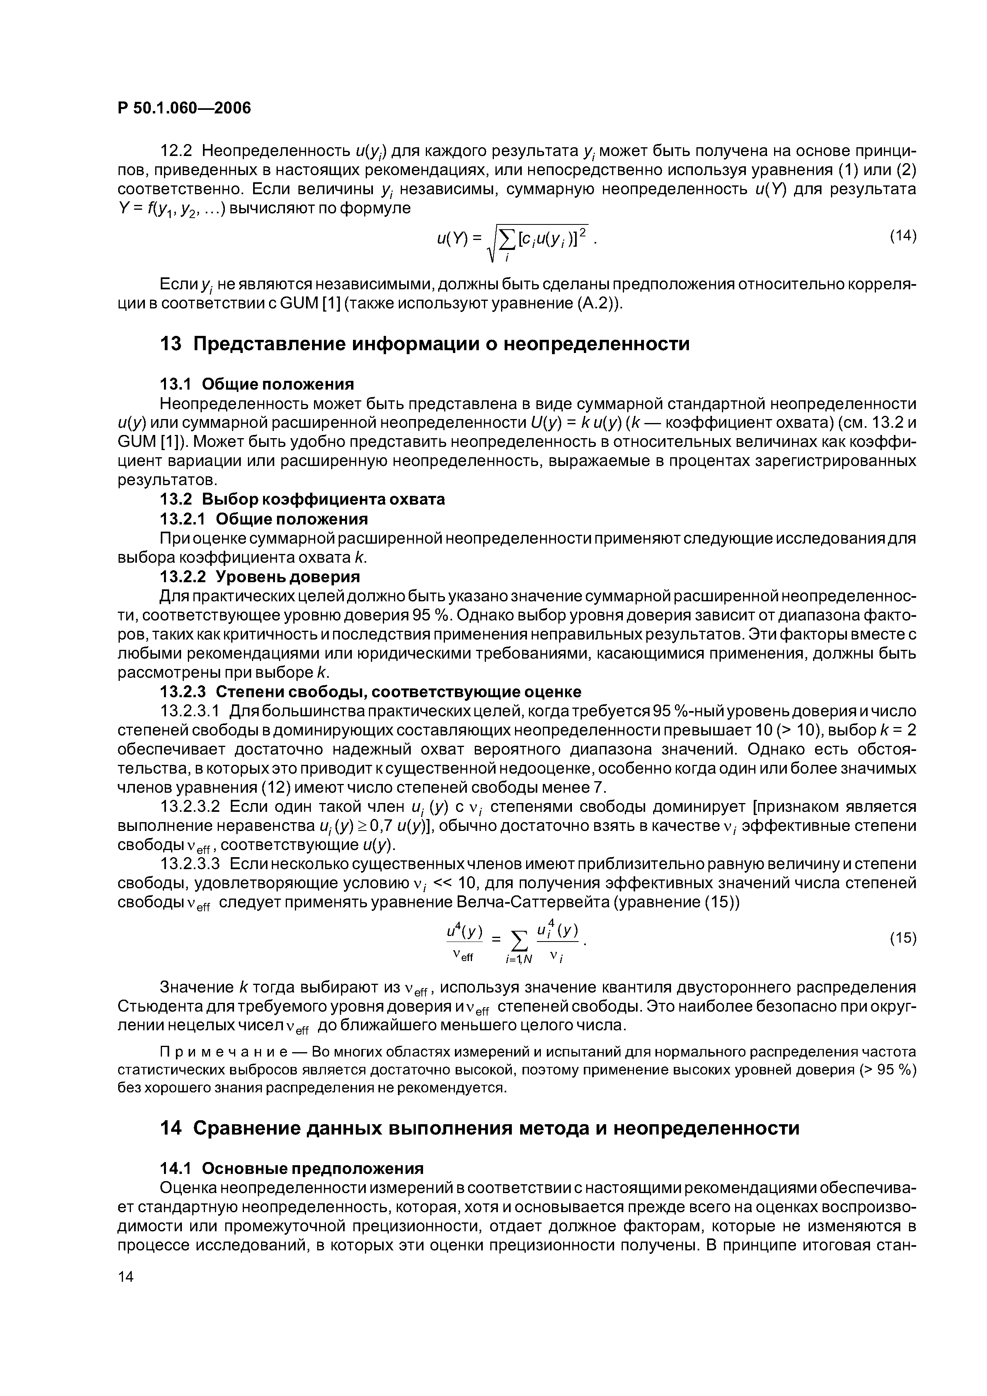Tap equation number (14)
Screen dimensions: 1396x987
click(x=903, y=236)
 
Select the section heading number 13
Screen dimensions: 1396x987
click(x=170, y=344)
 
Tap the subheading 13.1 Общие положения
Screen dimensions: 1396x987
click(x=256, y=384)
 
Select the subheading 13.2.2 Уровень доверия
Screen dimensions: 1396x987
click(x=259, y=576)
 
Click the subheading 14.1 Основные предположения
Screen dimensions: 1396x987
click(x=291, y=1169)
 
